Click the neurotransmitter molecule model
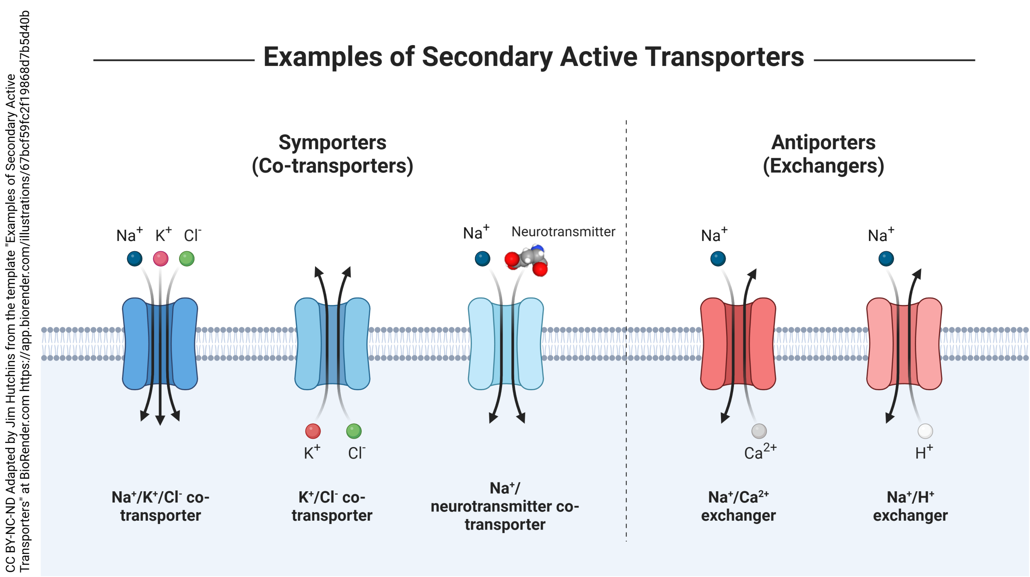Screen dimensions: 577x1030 pyautogui.click(x=526, y=260)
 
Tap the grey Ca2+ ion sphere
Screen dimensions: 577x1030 pyautogui.click(x=759, y=431)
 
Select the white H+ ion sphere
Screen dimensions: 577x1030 pyautogui.click(x=925, y=431)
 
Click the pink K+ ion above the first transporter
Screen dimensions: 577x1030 pyautogui.click(x=161, y=258)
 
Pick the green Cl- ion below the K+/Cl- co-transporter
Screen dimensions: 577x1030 pyautogui.click(x=354, y=431)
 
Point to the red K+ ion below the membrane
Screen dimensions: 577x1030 pyautogui.click(x=313, y=431)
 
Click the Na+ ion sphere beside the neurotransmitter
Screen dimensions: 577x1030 pyautogui.click(x=482, y=258)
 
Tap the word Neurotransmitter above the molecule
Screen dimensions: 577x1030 pyautogui.click(x=563, y=232)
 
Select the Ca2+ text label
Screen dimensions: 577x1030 pyautogui.click(x=760, y=452)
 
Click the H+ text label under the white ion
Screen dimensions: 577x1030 pyautogui.click(x=924, y=452)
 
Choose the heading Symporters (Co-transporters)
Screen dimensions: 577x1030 pyautogui.click(x=332, y=154)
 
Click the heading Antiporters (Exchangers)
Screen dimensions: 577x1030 pyautogui.click(x=823, y=154)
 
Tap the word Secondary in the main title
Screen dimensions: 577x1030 pyautogui.click(x=487, y=57)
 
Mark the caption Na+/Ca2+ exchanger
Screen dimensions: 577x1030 pyautogui.click(x=738, y=506)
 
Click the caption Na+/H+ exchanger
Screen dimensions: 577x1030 pyautogui.click(x=910, y=506)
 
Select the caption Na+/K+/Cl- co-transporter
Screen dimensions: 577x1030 pyautogui.click(x=160, y=506)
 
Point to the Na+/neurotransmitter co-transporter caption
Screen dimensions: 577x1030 pyautogui.click(x=505, y=506)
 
